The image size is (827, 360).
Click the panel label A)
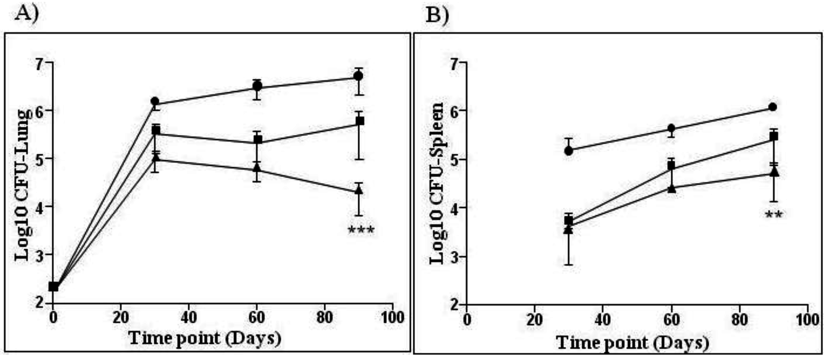[x=26, y=15]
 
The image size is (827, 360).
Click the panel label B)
[x=437, y=15]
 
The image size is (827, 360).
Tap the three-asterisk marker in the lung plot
[x=361, y=230]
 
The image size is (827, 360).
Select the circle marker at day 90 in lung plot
[x=358, y=76]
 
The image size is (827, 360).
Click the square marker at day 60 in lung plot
[x=258, y=140]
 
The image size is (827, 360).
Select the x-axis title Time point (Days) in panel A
[x=205, y=338]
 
